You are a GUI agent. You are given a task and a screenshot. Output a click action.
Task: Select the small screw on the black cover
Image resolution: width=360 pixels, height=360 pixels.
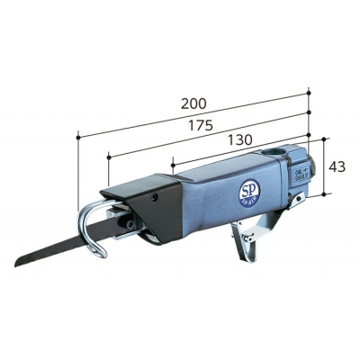pos(155,192)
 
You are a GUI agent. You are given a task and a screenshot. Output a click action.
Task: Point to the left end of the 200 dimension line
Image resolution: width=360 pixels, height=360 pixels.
pos(79,137)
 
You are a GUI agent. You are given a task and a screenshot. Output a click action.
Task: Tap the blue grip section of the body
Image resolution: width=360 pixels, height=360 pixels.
pos(216,202)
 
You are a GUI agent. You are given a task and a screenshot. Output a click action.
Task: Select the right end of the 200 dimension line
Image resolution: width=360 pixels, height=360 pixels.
pos(309,91)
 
